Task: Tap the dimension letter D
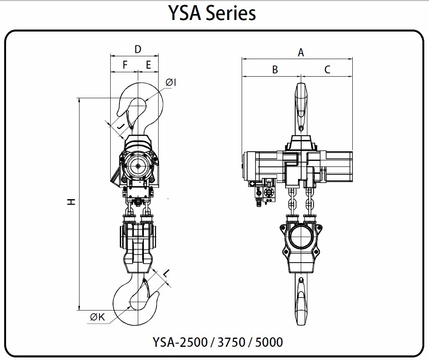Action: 138,49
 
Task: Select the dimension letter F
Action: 125,65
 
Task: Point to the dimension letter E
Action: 149,65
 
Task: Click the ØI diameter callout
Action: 171,82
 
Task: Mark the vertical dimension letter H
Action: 71,202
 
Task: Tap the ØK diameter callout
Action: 97,317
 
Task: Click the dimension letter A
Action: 301,52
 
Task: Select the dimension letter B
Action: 275,69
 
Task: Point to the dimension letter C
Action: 327,69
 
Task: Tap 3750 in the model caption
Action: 231,342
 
